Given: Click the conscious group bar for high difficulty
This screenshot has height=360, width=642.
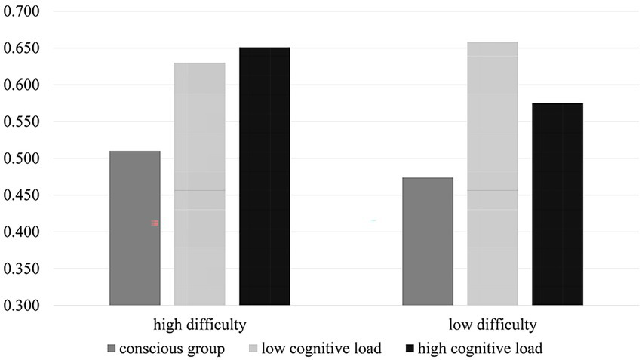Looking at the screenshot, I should coord(135,229).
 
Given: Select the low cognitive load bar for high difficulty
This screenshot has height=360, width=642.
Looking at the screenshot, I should coord(200,184).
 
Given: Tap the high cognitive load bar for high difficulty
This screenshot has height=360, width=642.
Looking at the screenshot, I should coord(265,176).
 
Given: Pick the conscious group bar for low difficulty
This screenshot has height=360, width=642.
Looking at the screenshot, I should coord(428,242).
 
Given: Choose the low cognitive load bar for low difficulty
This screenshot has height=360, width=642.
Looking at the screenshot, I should coord(493,174).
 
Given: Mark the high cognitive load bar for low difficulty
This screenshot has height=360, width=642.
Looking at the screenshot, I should coord(558,204).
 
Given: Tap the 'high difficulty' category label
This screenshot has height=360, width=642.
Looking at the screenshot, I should coord(200,325).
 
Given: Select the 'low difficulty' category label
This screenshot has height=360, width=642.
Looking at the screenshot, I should coord(493,325).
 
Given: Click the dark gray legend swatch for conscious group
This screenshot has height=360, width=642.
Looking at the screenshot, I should coord(112,348).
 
